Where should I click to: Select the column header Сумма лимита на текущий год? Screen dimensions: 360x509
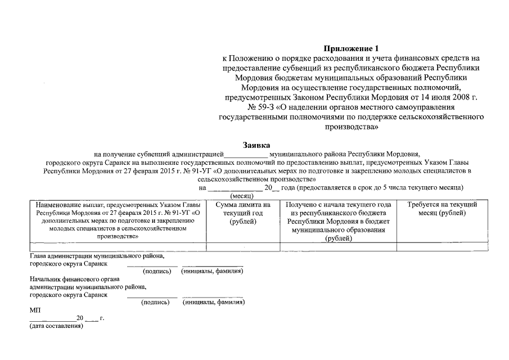244,213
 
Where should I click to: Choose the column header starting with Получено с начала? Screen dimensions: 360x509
339,221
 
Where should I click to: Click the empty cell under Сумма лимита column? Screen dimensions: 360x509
244,246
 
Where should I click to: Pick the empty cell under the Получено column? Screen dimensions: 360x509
339,246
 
